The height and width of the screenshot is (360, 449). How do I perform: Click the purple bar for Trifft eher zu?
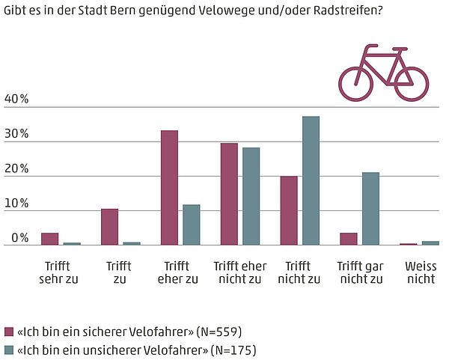click(169, 187)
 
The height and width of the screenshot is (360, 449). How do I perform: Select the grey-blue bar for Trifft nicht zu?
click(311, 180)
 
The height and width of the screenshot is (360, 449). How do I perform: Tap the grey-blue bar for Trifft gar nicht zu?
click(370, 208)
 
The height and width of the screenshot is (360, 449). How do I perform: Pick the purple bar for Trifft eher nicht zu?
click(229, 194)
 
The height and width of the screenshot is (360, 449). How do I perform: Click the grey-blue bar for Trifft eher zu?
click(192, 225)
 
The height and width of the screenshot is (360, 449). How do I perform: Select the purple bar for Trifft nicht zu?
click(289, 210)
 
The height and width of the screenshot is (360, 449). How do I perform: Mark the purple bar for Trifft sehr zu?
click(50, 239)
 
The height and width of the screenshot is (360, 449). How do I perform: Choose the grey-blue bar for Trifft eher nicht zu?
click(251, 196)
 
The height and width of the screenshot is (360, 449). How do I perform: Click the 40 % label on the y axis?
click(16, 100)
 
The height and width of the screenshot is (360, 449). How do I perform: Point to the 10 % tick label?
click(16, 204)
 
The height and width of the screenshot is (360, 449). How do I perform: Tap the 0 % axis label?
click(19, 238)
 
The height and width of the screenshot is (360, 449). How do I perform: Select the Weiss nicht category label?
click(420, 272)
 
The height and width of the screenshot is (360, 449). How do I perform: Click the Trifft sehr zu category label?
click(58, 272)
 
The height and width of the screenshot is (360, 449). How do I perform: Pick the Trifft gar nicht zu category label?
click(360, 272)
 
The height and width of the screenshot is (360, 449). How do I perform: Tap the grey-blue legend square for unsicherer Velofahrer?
click(9, 350)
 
